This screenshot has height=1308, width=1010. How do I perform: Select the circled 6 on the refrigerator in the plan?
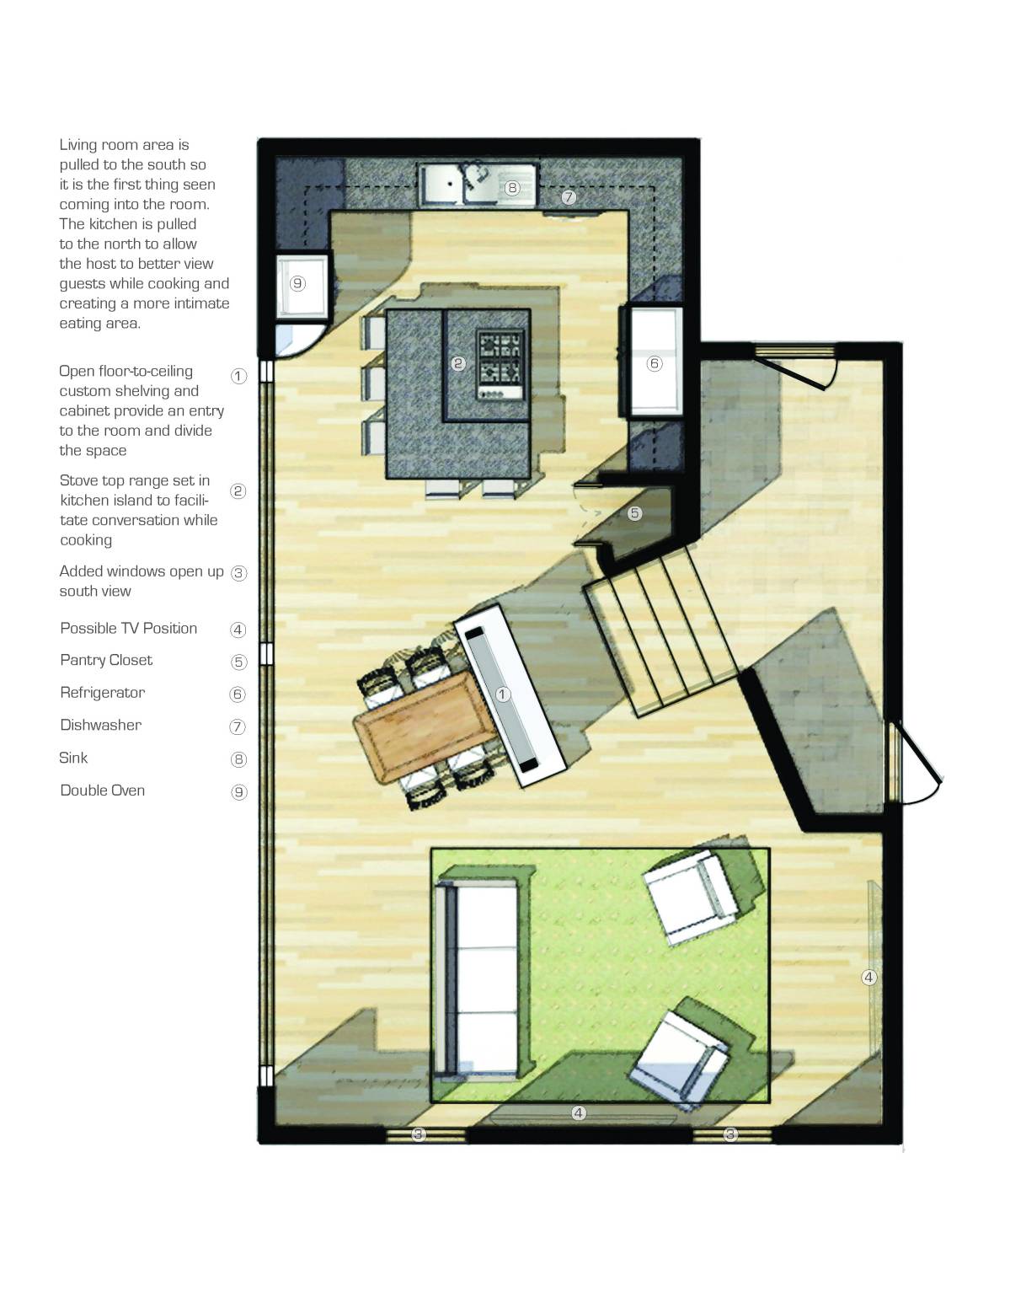point(655,363)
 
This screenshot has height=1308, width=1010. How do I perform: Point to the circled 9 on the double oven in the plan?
point(297,284)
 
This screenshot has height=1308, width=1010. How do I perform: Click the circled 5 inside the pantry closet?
point(635,512)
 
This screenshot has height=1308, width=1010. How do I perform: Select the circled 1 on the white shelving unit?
point(503,694)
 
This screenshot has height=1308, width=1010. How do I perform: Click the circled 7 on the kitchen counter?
point(569,197)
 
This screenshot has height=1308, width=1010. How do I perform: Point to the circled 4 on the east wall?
point(869,978)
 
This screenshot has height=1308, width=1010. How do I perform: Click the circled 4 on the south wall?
point(579,1113)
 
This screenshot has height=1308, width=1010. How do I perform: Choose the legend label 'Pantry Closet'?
point(106,660)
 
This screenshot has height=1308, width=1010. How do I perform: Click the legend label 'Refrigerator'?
point(103,693)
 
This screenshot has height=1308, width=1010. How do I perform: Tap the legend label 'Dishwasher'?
point(101,725)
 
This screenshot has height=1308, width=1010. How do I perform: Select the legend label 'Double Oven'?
point(103,791)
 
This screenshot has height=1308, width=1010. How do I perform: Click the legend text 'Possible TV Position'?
point(129,629)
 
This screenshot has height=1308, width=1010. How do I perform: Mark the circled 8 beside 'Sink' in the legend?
point(239,759)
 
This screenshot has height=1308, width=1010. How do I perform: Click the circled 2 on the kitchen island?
point(458,363)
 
